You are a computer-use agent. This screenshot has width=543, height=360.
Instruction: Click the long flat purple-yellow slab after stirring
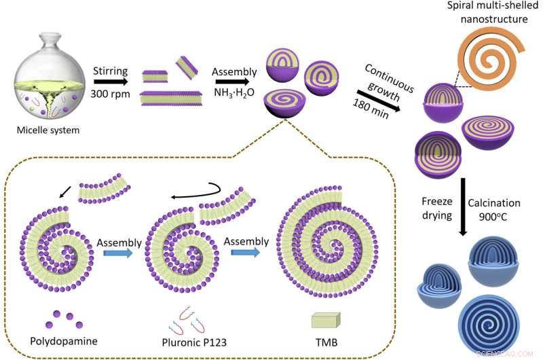pyautogui.click(x=173, y=98)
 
